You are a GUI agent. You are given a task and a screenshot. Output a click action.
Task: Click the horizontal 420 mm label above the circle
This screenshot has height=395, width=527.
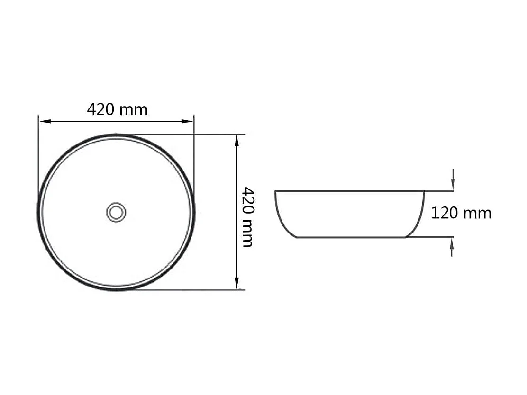click(x=117, y=109)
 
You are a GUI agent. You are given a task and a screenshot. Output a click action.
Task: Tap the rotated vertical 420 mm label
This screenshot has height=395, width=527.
click(x=247, y=216)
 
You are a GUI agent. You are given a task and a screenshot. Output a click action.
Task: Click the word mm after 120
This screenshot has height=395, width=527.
click(x=477, y=214)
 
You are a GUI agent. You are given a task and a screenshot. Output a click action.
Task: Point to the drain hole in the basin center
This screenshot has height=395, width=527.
click(x=116, y=212)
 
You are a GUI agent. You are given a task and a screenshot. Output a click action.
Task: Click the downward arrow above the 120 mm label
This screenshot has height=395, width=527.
click(x=453, y=185)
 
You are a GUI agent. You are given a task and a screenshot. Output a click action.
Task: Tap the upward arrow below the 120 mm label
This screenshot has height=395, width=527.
click(x=452, y=243)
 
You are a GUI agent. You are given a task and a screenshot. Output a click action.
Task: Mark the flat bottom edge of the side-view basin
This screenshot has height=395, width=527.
click(x=351, y=237)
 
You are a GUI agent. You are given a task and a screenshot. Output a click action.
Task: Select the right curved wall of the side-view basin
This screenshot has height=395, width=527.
click(x=419, y=217)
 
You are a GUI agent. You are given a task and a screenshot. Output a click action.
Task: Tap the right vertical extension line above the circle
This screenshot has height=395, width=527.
click(x=194, y=152)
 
